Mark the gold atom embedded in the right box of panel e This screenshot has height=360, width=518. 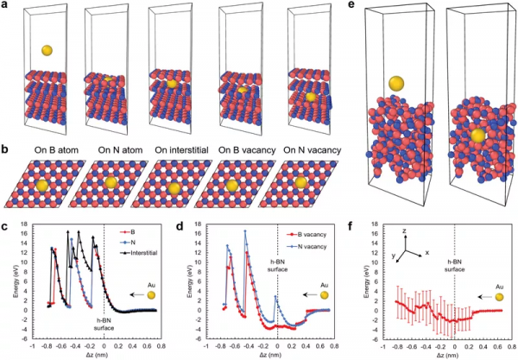tap(476, 136)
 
